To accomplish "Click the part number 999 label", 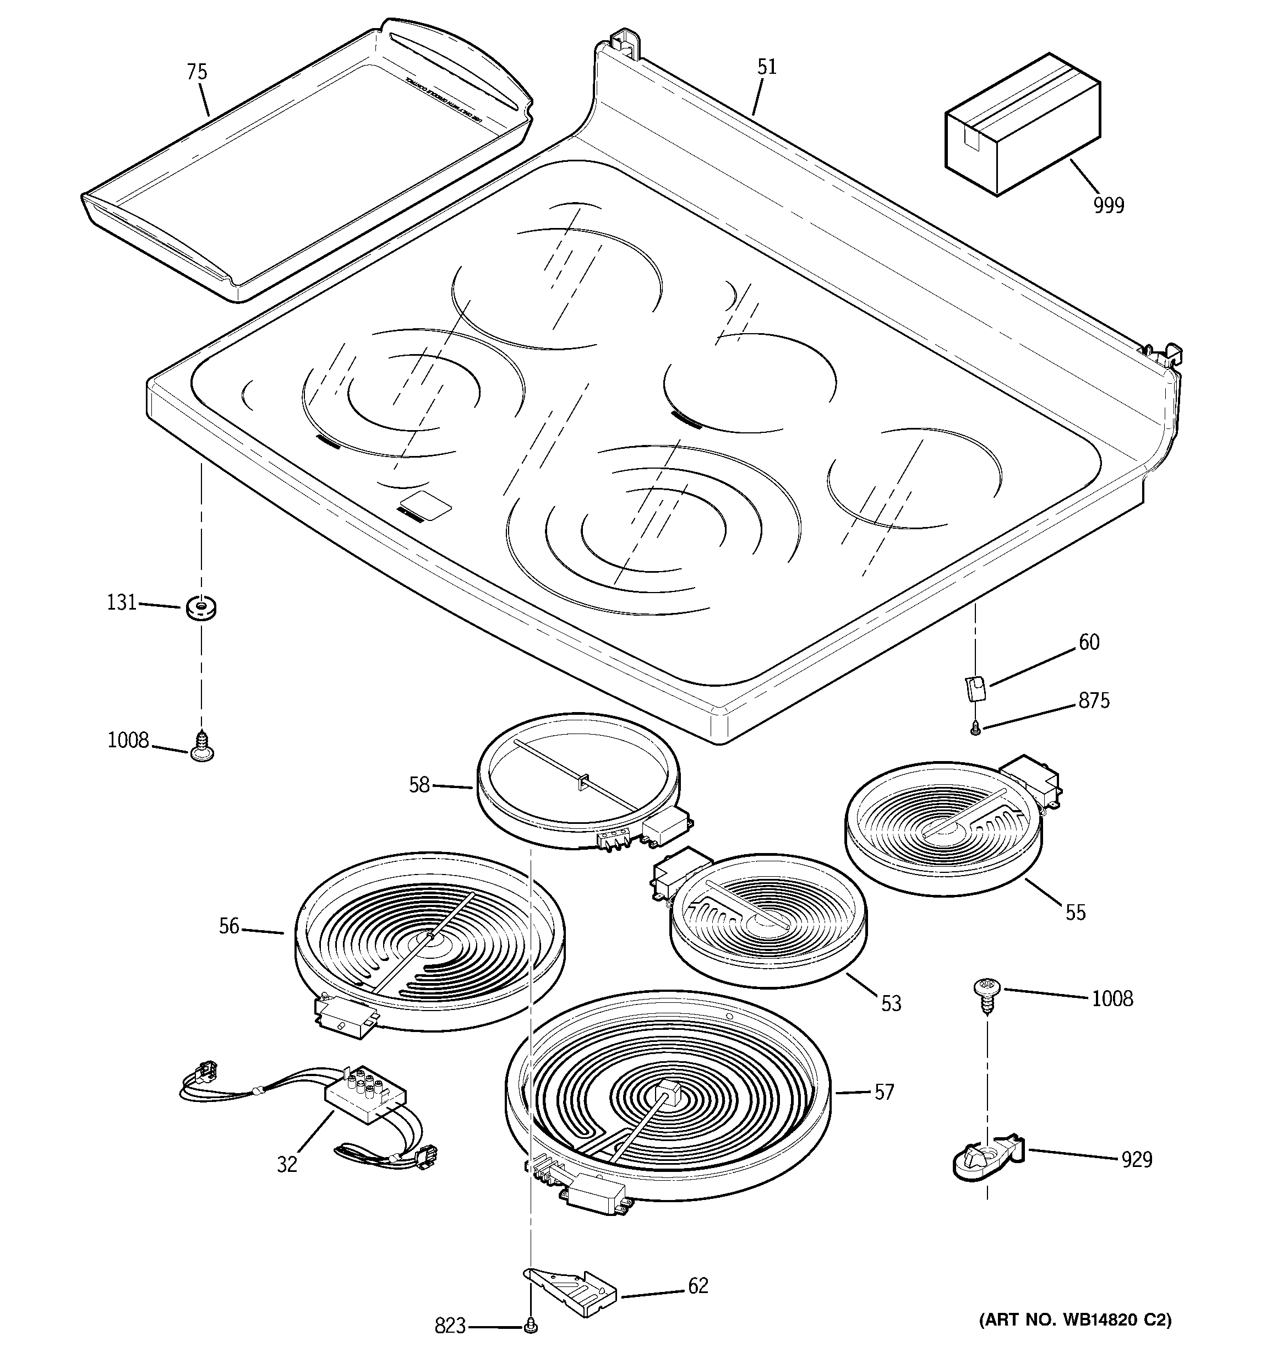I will (1109, 205).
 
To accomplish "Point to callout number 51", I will (766, 67).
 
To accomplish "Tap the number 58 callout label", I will (419, 785).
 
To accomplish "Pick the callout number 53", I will (891, 1004).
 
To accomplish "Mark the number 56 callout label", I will (229, 926).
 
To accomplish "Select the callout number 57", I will (884, 1092).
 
